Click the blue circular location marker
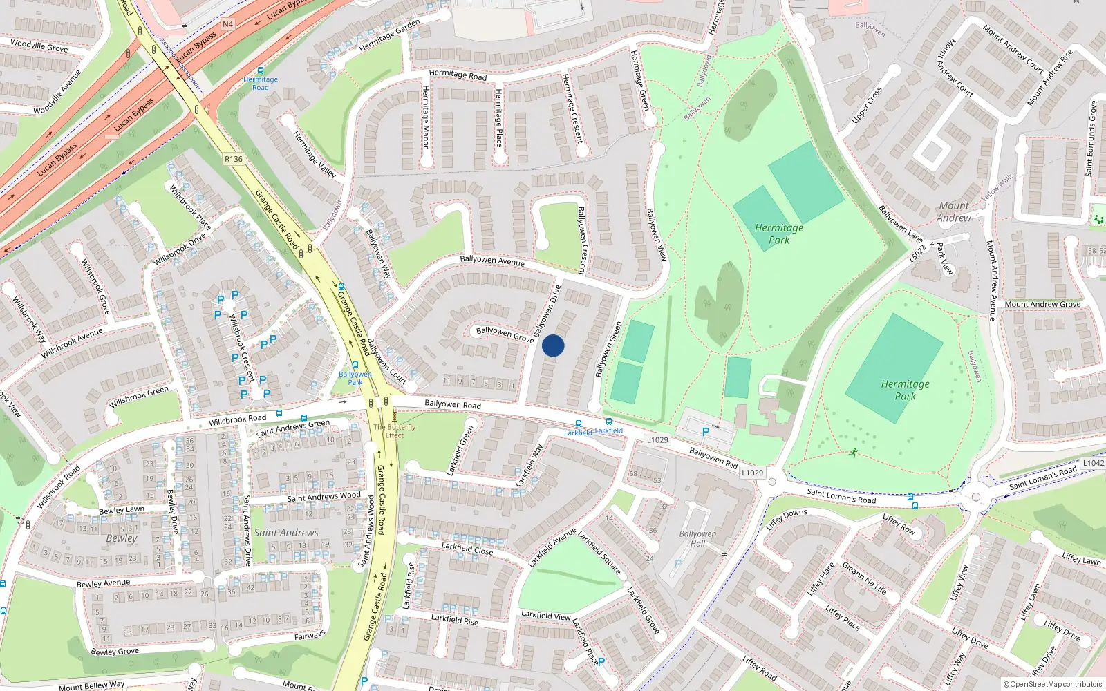(553, 345)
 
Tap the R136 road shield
(234, 159)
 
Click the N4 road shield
(228, 24)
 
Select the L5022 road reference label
(917, 254)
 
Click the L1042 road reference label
(1093, 463)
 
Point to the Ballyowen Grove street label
(505, 334)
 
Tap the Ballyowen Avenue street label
(492, 261)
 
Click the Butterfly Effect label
(395, 431)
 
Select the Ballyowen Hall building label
(697, 538)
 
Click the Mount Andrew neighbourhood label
(954, 211)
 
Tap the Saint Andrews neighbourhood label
(286, 533)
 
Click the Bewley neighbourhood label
(122, 538)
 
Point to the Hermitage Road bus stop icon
(261, 71)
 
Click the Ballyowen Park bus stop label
(355, 378)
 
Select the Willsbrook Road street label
(237, 419)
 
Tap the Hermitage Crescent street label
(572, 108)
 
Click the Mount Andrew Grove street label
(1042, 304)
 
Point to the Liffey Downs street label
(786, 519)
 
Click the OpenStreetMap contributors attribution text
(1052, 684)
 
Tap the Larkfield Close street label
(467, 548)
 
